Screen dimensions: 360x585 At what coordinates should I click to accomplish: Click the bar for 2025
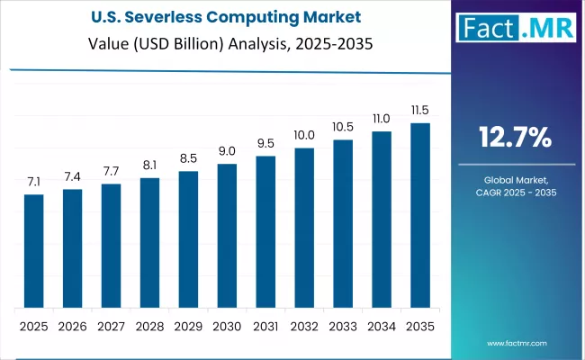click(33, 250)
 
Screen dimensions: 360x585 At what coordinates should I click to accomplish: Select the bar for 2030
click(227, 235)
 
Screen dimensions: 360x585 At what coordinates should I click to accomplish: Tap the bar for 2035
click(420, 215)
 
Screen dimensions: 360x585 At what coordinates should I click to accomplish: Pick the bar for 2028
click(149, 242)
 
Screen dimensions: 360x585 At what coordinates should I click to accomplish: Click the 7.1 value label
click(33, 182)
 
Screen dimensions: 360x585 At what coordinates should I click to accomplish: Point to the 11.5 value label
click(420, 111)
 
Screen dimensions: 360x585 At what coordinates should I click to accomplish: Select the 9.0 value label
click(227, 151)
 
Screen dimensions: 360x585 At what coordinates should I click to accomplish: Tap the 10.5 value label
click(343, 127)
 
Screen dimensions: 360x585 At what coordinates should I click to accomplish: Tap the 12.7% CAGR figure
click(515, 138)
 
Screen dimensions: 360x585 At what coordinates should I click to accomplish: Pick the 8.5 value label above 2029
click(188, 158)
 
